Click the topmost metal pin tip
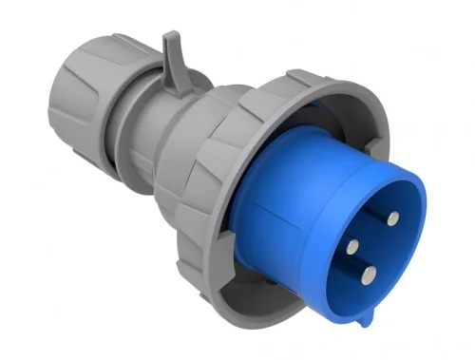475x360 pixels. coord(390,218)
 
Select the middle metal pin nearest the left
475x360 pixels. coord(352,245)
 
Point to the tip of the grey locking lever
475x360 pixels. coord(168,38)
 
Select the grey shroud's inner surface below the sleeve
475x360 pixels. coord(285,304)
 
